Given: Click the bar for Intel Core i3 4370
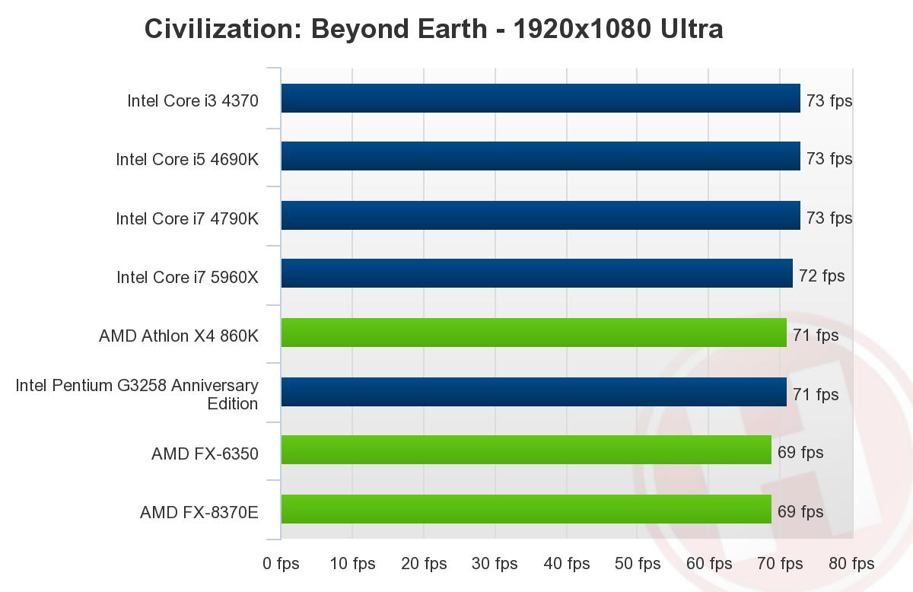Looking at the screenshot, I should [x=540, y=99].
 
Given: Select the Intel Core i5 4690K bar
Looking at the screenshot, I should [x=540, y=157].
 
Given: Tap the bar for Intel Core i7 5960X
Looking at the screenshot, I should [x=536, y=274].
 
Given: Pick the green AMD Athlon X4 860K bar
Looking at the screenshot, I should [x=533, y=333].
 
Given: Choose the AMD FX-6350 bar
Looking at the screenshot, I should [x=526, y=450].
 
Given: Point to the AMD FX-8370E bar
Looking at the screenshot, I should [x=526, y=510].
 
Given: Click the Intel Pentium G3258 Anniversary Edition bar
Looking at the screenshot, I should [x=533, y=393].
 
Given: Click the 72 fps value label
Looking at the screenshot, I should [x=822, y=276].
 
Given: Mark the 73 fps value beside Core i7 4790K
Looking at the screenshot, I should [x=829, y=218].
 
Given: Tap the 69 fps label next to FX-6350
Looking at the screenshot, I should [x=800, y=453].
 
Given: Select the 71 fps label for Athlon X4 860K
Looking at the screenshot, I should [x=816, y=336].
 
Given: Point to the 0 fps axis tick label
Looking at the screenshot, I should [x=281, y=564].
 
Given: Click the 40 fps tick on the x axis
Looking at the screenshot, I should [x=567, y=564].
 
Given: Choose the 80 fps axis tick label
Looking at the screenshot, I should [x=851, y=564].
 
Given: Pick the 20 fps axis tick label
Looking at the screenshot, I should [x=424, y=564].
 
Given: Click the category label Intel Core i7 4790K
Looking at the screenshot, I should [x=187, y=218].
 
